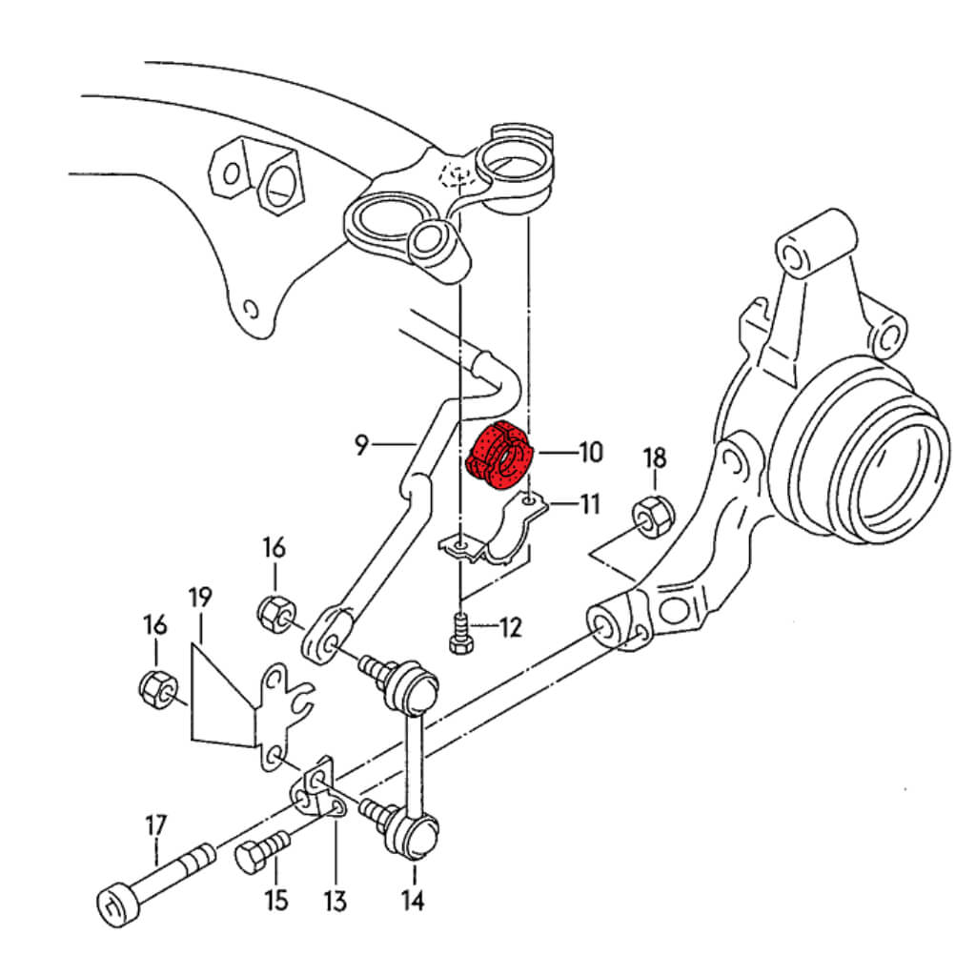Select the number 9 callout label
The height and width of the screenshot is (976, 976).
pyautogui.click(x=361, y=444)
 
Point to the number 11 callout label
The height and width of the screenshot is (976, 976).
pyautogui.click(x=590, y=503)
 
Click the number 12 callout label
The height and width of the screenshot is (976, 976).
pyautogui.click(x=511, y=627)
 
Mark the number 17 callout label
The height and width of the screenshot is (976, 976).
pyautogui.click(x=155, y=823)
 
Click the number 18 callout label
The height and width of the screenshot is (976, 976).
pyautogui.click(x=655, y=457)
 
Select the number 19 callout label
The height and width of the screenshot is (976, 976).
pyautogui.click(x=200, y=599)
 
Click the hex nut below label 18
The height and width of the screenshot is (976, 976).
pyautogui.click(x=654, y=515)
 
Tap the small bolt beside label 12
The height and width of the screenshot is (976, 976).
pyautogui.click(x=460, y=635)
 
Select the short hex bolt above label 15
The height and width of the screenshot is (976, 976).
pyautogui.click(x=259, y=851)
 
